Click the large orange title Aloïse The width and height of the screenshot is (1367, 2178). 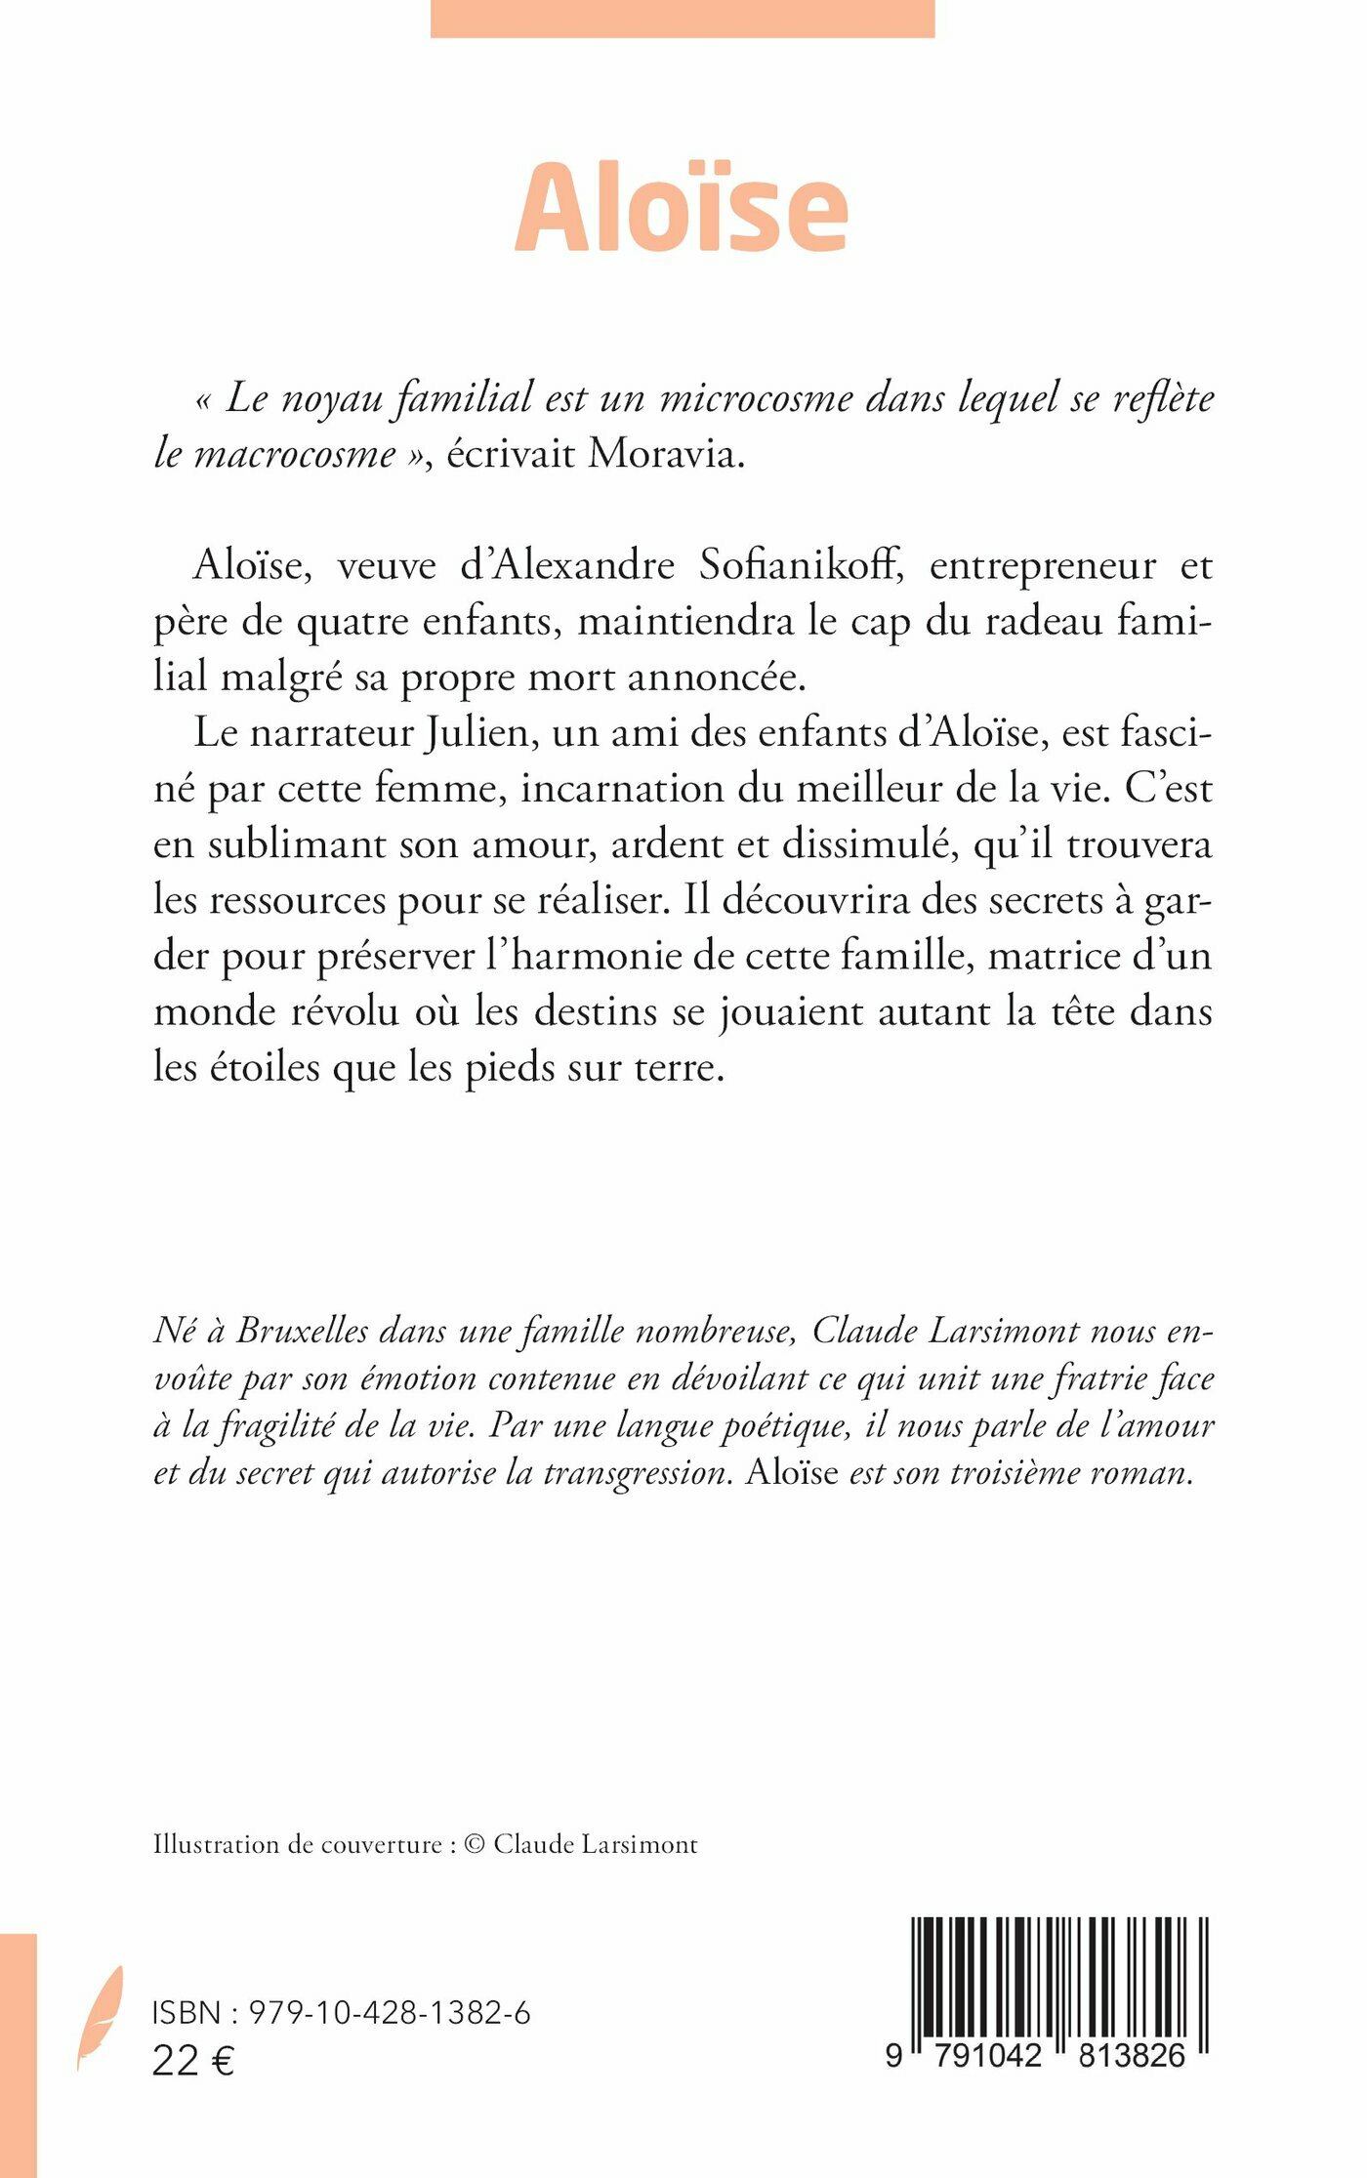pos(682,208)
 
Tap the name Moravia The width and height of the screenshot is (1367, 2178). pos(665,453)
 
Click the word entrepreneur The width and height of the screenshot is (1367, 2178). pos(1043,566)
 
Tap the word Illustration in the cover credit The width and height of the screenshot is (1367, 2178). pos(216,1844)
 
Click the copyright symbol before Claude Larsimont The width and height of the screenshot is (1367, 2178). pos(475,1844)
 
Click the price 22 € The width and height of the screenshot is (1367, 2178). pos(193,2061)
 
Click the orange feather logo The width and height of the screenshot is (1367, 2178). pos(101,2015)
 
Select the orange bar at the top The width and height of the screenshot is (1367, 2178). pos(682,18)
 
